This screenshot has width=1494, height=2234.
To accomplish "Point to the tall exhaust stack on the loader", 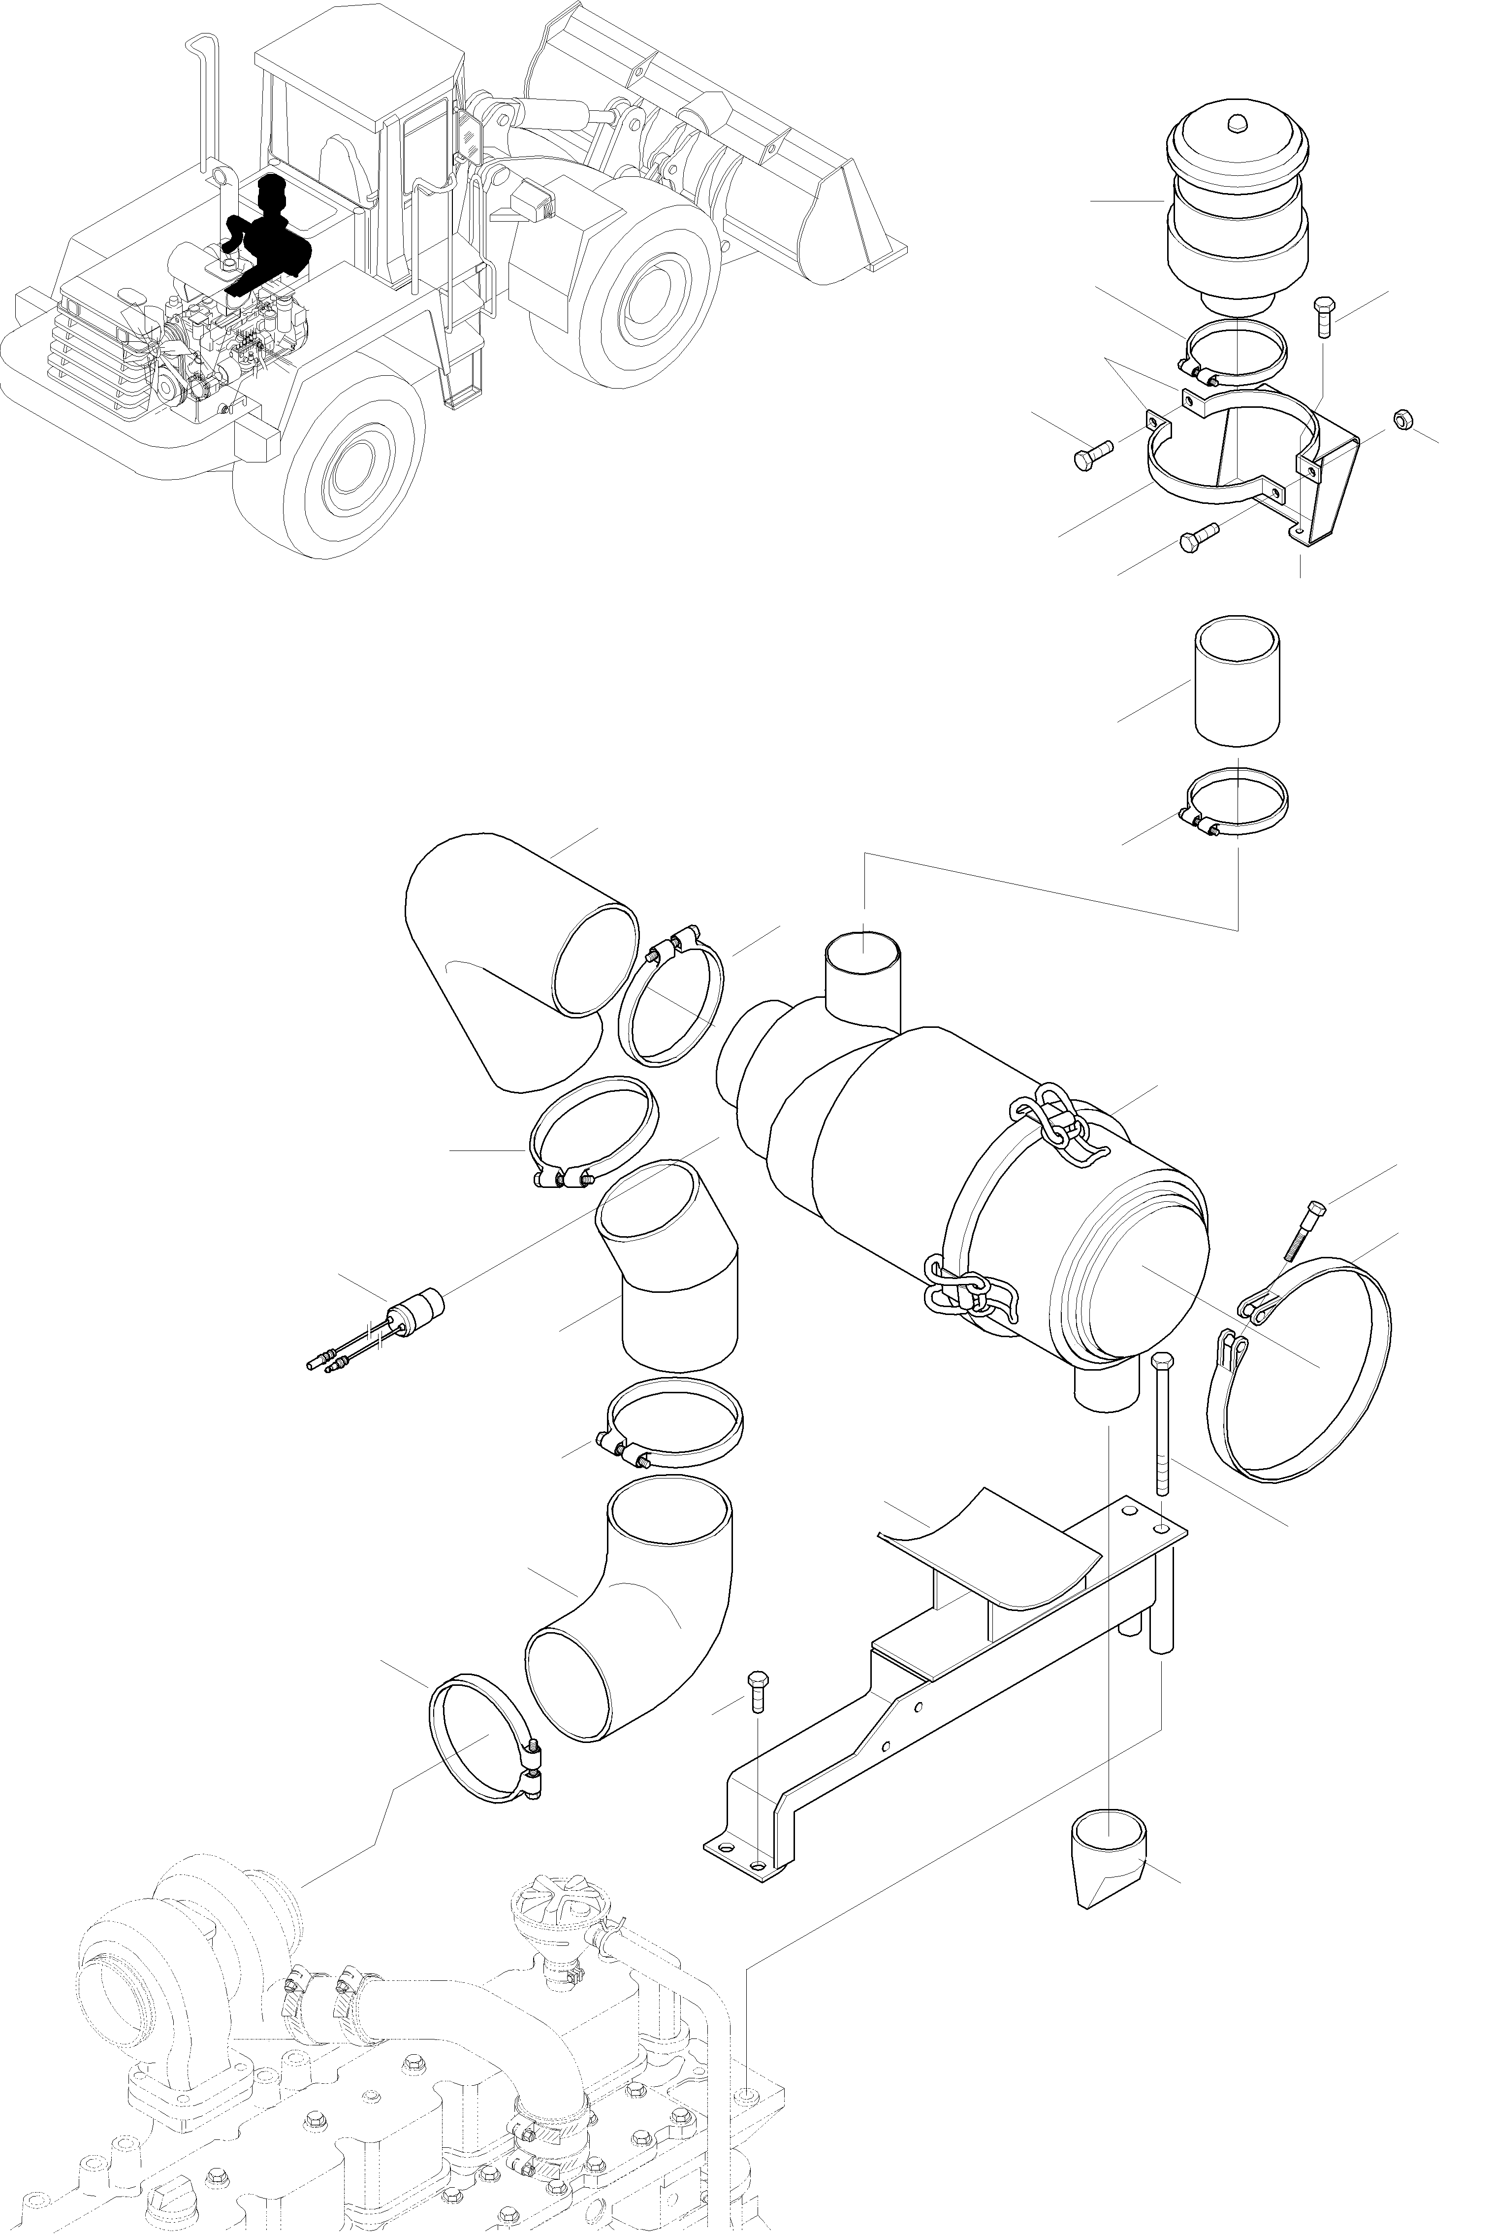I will (x=205, y=105).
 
